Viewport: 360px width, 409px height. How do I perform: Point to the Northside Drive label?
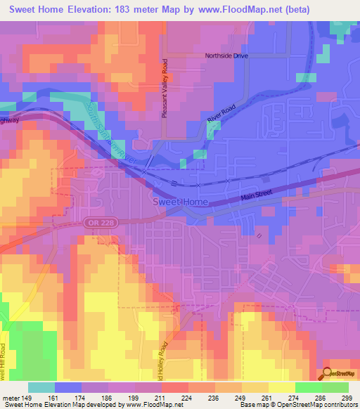tap(227, 56)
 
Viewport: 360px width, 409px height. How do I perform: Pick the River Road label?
tap(220, 117)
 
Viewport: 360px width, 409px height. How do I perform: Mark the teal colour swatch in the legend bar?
tap(41, 387)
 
